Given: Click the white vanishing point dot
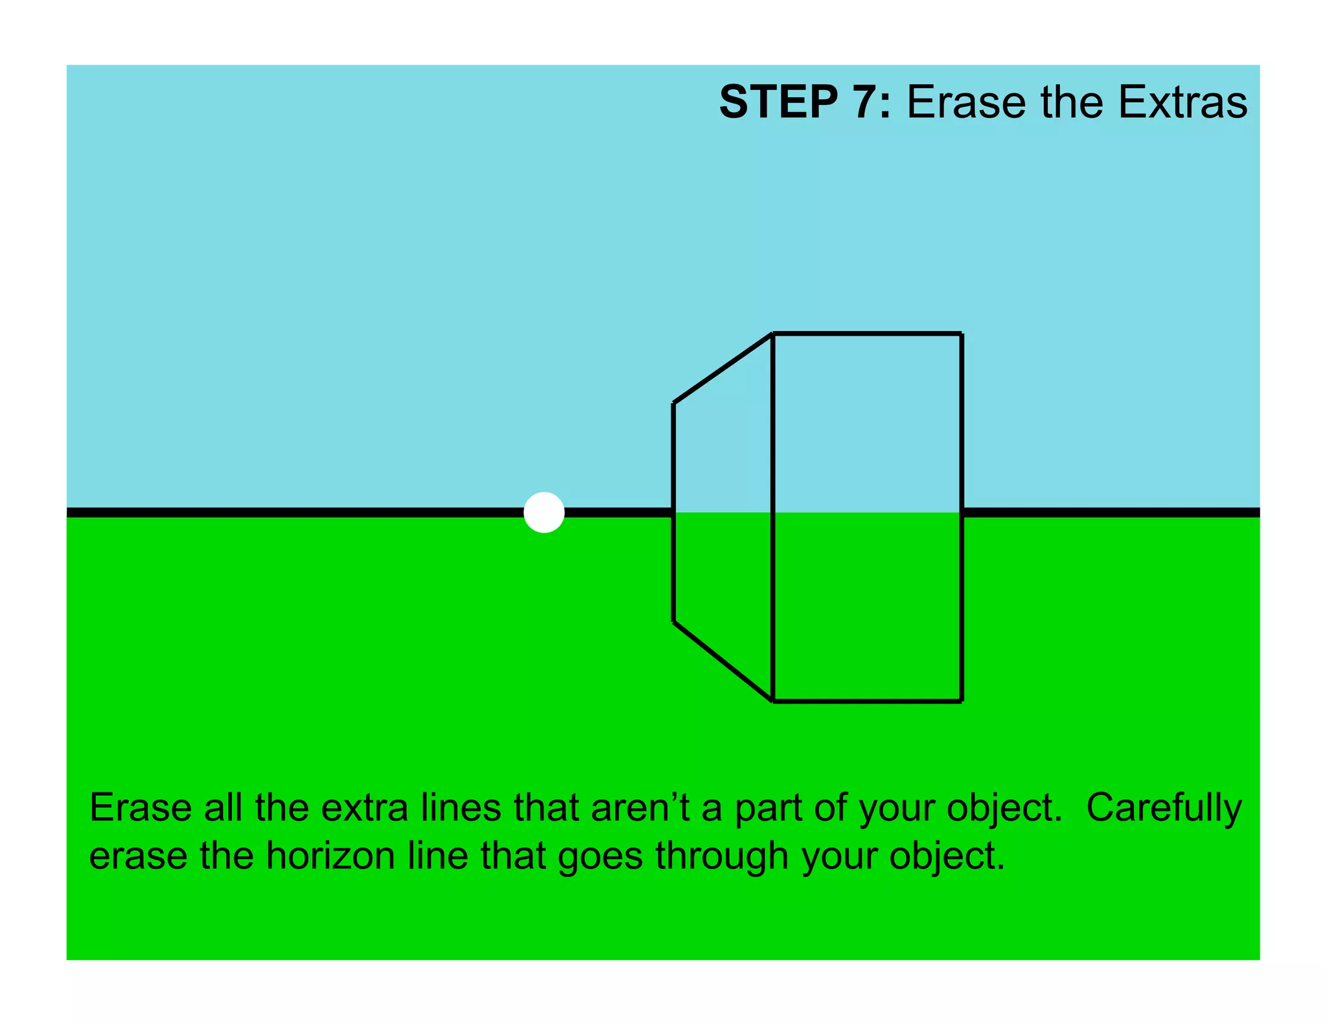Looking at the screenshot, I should [544, 512].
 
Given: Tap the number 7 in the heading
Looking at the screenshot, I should [868, 102].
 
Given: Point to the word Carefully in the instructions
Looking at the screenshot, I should [1164, 808].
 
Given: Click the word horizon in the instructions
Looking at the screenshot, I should [330, 856].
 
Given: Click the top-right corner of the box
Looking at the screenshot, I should [962, 334].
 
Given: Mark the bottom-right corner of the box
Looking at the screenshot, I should [962, 700].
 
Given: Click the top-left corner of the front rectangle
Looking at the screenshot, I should [773, 334].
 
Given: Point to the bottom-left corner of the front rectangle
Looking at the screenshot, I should [773, 700].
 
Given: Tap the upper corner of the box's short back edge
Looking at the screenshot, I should [674, 403].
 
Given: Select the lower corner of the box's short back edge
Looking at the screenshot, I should [674, 621].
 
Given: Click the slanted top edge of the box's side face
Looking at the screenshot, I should [723, 369].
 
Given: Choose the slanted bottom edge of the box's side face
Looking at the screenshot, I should [723, 661].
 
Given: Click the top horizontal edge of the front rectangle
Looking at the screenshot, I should [867, 334].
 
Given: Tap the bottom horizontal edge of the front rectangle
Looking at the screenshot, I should [867, 700].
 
